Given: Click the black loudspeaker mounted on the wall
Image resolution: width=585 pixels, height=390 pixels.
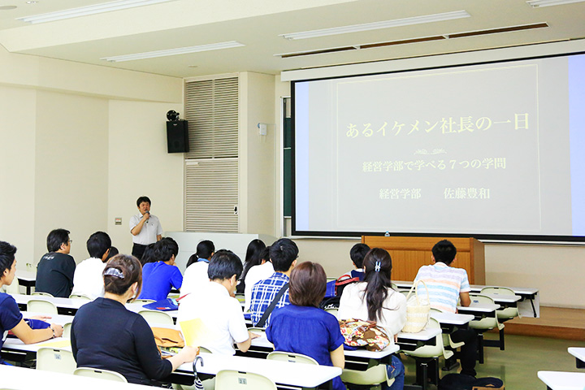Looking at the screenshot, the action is (x=177, y=136).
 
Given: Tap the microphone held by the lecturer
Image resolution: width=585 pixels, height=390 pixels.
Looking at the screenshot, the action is (x=147, y=215).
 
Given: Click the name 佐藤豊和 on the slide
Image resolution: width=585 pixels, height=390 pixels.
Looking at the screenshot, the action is (x=466, y=193).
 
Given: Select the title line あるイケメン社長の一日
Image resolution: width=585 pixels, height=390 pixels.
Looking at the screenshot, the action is (x=437, y=127).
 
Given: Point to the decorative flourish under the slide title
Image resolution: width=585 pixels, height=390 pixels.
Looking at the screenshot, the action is (x=430, y=151).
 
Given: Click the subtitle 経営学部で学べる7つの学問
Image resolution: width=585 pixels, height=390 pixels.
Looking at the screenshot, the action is (x=434, y=165).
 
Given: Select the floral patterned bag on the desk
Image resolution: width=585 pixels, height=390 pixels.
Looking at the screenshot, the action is (x=363, y=333).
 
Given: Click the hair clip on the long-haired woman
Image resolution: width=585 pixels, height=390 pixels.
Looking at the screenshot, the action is (x=378, y=266).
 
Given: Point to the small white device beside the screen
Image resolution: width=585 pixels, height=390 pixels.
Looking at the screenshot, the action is (x=262, y=129).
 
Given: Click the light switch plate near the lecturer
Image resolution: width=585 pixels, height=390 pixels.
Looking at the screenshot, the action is (x=119, y=221).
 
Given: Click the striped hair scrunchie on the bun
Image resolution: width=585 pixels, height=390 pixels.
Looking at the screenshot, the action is (x=114, y=273).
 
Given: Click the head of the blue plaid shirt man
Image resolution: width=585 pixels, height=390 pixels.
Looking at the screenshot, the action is (x=284, y=254).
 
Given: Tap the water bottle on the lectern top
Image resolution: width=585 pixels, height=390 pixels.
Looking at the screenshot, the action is (x=387, y=234).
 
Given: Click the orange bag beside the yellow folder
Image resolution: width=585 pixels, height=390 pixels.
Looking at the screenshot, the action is (x=168, y=337).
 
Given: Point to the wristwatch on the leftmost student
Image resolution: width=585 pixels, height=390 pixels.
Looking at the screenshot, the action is (x=53, y=331).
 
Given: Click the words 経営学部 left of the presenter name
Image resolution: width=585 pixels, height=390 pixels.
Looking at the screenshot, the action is (x=400, y=193).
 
